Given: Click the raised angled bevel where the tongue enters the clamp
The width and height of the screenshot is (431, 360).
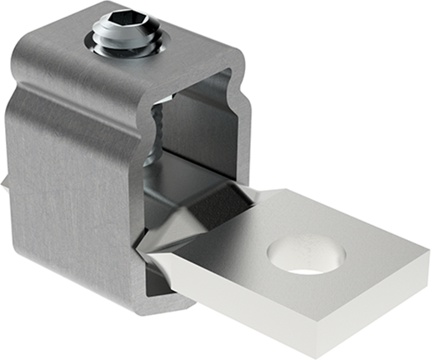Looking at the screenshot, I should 200,208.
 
